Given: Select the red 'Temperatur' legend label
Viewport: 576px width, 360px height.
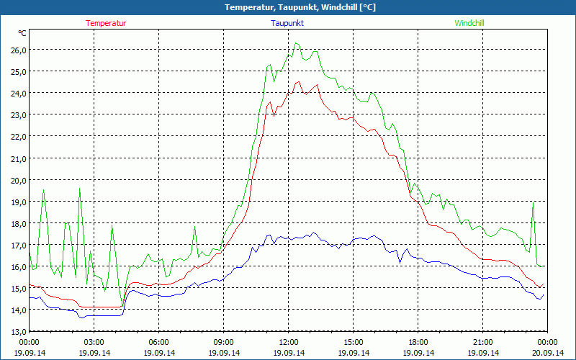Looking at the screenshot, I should coord(106,23).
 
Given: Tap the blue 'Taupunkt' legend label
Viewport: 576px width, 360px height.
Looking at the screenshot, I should coord(287,23).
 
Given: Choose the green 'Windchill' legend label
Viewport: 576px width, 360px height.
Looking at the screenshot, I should coord(469,23).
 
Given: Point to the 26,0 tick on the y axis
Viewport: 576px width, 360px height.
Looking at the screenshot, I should coord(17,50).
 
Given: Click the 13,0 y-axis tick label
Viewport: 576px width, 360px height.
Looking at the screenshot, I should coord(17,331).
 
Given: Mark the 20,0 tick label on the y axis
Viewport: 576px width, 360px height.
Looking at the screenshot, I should coord(17,180).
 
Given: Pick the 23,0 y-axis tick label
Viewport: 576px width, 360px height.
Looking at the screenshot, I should coord(17,114).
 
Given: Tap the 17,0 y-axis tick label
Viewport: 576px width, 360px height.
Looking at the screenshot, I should coord(17,245).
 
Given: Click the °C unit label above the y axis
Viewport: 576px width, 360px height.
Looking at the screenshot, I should coord(22,33).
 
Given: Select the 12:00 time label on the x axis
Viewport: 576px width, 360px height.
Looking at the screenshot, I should coord(289,342).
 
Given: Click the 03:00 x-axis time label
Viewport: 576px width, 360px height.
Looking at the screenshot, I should coord(94,342).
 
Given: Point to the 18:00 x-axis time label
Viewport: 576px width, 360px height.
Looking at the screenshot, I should coord(418,342).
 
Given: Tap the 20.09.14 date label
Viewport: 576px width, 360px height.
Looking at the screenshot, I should coord(548,353).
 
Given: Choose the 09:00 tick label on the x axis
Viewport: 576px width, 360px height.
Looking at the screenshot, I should coord(224,342).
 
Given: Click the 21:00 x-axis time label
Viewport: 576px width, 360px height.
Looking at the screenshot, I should coord(483,342).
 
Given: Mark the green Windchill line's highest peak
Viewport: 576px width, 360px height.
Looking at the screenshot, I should coord(295,43).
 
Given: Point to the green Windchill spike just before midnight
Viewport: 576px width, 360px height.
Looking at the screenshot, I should coord(533,203).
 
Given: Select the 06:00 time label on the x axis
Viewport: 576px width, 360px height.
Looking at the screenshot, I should coord(159,342).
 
